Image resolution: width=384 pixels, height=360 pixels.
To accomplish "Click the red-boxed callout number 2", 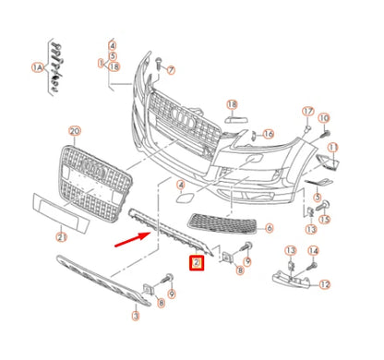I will (196, 263).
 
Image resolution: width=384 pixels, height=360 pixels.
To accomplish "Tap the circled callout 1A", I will (38, 66).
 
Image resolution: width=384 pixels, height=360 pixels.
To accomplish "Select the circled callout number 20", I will (75, 132).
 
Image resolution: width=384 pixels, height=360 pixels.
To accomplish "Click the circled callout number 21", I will (61, 236).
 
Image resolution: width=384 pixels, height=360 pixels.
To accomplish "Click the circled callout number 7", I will (171, 70).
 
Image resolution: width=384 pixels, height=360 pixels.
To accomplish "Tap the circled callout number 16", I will (268, 134).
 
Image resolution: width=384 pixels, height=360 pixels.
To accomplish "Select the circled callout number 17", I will (309, 112).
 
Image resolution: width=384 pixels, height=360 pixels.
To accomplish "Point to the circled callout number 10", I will (323, 118).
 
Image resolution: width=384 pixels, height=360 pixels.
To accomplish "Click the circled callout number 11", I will (333, 147).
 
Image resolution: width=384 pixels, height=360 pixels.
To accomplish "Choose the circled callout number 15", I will (324, 218).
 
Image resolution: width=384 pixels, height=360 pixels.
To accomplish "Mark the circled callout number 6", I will (270, 228).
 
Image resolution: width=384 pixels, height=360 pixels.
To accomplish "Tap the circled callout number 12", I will (324, 285).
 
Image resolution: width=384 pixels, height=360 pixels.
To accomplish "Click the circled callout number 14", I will (313, 251).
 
